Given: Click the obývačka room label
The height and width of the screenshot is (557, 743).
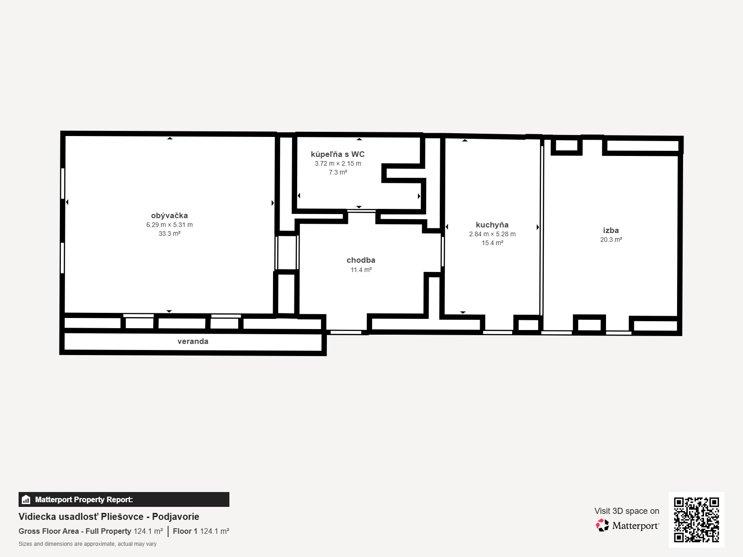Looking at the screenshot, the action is click(x=169, y=215).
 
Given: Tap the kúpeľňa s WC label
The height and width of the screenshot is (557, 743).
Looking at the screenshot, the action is click(x=338, y=154).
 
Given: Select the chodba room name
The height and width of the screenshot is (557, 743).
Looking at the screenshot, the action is click(x=361, y=260).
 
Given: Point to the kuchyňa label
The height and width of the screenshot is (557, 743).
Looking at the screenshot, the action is click(x=492, y=225).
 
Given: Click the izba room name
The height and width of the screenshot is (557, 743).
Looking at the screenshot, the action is click(x=611, y=230).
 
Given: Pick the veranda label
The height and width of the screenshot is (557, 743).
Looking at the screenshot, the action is click(x=193, y=341).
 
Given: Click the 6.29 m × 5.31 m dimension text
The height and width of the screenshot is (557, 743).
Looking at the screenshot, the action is click(x=169, y=225).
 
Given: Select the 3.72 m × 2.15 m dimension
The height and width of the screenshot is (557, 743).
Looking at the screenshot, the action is click(x=338, y=163).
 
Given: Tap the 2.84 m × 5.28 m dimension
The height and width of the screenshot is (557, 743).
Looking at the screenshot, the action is click(x=492, y=234).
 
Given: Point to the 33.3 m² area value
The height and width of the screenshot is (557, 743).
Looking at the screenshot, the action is click(x=169, y=233).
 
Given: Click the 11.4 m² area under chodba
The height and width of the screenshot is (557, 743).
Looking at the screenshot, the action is click(x=361, y=270).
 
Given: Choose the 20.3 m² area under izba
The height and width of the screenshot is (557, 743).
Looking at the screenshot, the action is click(x=611, y=240).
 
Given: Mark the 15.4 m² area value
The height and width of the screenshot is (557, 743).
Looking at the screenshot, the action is click(x=492, y=243).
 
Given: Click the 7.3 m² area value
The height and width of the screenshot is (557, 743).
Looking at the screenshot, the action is click(x=338, y=172).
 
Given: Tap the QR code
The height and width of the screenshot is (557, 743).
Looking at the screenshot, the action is click(x=696, y=520).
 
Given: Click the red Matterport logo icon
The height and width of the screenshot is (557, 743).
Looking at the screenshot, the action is click(x=602, y=525).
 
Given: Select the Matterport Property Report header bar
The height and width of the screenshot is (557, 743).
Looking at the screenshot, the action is click(x=124, y=499).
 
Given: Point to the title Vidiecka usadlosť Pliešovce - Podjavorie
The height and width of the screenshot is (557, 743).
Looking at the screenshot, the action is click(x=109, y=517).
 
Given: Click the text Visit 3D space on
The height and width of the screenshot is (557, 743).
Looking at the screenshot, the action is click(x=626, y=511).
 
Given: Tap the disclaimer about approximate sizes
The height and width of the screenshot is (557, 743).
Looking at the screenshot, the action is click(x=87, y=544).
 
